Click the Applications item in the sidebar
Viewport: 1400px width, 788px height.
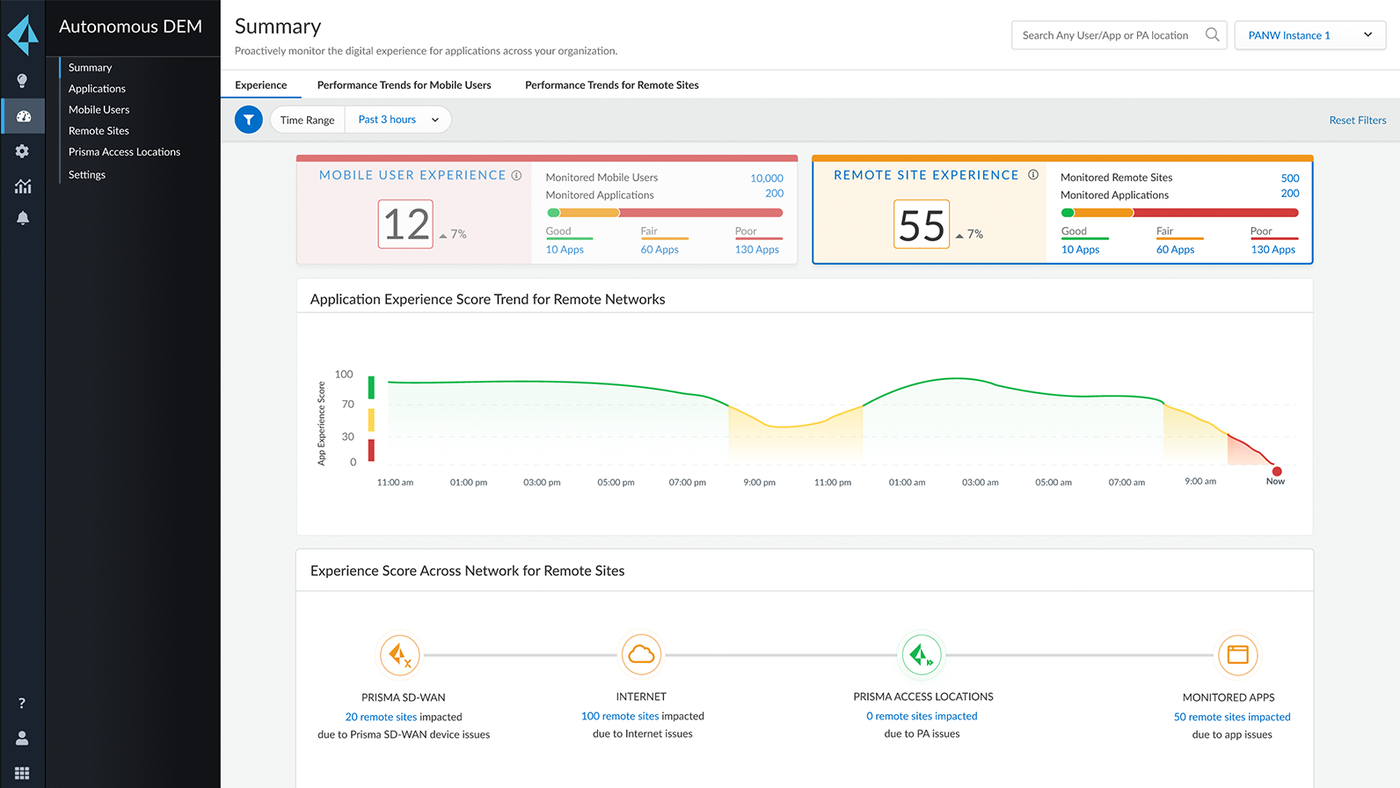pyautogui.click(x=97, y=89)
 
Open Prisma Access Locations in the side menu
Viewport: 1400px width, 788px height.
pyautogui.click(x=124, y=152)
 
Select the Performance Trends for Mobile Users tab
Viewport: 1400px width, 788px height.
pyautogui.click(x=404, y=85)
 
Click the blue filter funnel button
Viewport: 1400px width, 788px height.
pyautogui.click(x=249, y=120)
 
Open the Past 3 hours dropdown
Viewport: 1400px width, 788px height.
pyautogui.click(x=398, y=120)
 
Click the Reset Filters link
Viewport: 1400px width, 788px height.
pyautogui.click(x=1357, y=120)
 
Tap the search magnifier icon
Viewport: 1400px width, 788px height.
pyautogui.click(x=1212, y=35)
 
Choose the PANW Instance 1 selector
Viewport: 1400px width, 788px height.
pyautogui.click(x=1309, y=35)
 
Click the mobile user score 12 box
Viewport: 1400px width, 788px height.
pyautogui.click(x=405, y=224)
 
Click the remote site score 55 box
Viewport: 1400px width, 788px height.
pyautogui.click(x=921, y=224)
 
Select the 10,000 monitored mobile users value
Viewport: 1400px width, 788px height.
pyautogui.click(x=766, y=179)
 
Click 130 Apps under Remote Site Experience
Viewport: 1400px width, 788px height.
pyautogui.click(x=1272, y=250)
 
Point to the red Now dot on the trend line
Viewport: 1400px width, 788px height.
pyautogui.click(x=1276, y=471)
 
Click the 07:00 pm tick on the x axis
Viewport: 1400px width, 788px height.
pyautogui.click(x=687, y=482)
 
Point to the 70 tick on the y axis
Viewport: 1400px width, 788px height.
pyautogui.click(x=348, y=405)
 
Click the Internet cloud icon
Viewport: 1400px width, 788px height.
pyautogui.click(x=641, y=654)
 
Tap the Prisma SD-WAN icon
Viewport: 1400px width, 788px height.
pyautogui.click(x=400, y=655)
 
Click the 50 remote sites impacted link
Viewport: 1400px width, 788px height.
pyautogui.click(x=1231, y=717)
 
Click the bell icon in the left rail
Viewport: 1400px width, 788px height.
pyautogui.click(x=23, y=218)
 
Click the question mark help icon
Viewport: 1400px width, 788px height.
pyautogui.click(x=22, y=703)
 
